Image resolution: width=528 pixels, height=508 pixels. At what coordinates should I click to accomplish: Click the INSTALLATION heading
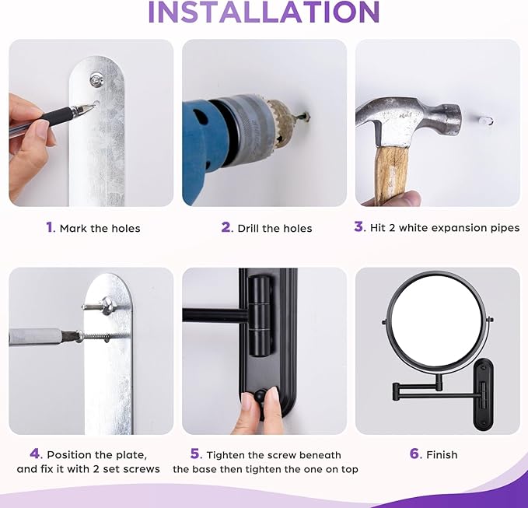pos(264,12)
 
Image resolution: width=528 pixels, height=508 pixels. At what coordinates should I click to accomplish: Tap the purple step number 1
pos(49,227)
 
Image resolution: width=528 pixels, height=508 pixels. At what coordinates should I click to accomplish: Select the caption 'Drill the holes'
pos(274,228)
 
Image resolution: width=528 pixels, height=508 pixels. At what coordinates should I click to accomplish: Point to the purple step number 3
pos(358,227)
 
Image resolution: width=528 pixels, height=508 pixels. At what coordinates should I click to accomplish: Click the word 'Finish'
pos(442,454)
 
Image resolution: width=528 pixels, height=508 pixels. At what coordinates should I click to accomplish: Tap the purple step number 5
pos(197,454)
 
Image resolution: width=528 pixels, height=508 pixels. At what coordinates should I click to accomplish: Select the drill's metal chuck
pos(256,124)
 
